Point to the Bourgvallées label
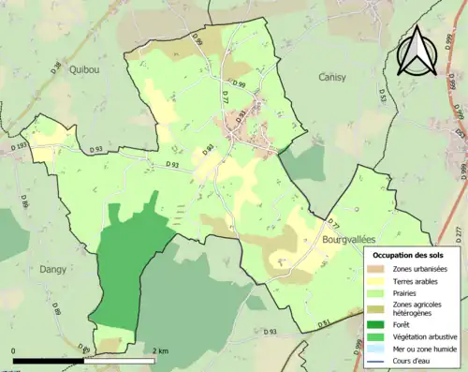click(354, 239)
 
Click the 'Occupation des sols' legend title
click(409, 255)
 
